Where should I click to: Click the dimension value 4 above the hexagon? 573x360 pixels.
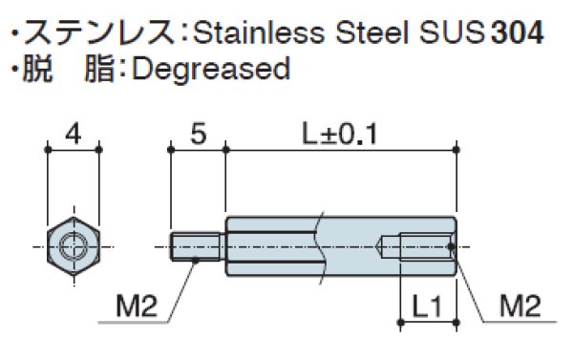[x=74, y=133]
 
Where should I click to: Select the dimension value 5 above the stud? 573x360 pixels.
[x=197, y=133]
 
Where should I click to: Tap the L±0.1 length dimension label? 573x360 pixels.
[x=340, y=133]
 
